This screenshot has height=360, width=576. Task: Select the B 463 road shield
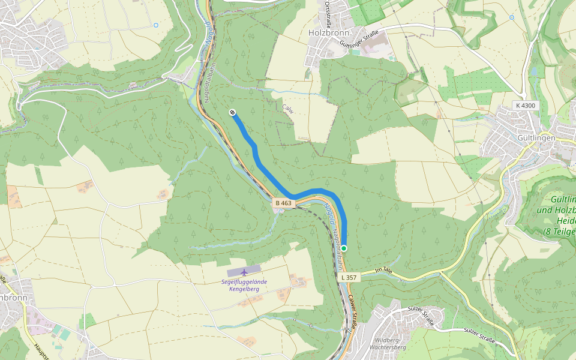[x=283, y=203]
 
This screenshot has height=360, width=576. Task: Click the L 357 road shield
[x=349, y=277]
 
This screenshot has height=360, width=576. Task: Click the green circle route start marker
[x=344, y=248]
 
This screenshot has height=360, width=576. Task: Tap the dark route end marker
[x=232, y=112]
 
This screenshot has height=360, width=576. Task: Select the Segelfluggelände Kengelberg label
[x=244, y=285]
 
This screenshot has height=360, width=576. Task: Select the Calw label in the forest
[x=288, y=108]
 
